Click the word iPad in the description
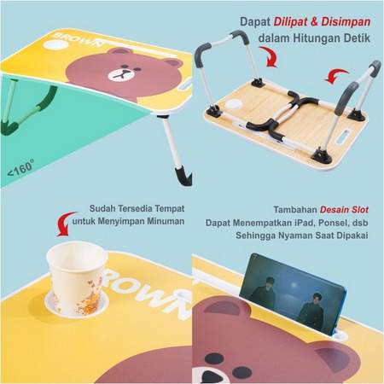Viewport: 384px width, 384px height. point(303,221)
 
